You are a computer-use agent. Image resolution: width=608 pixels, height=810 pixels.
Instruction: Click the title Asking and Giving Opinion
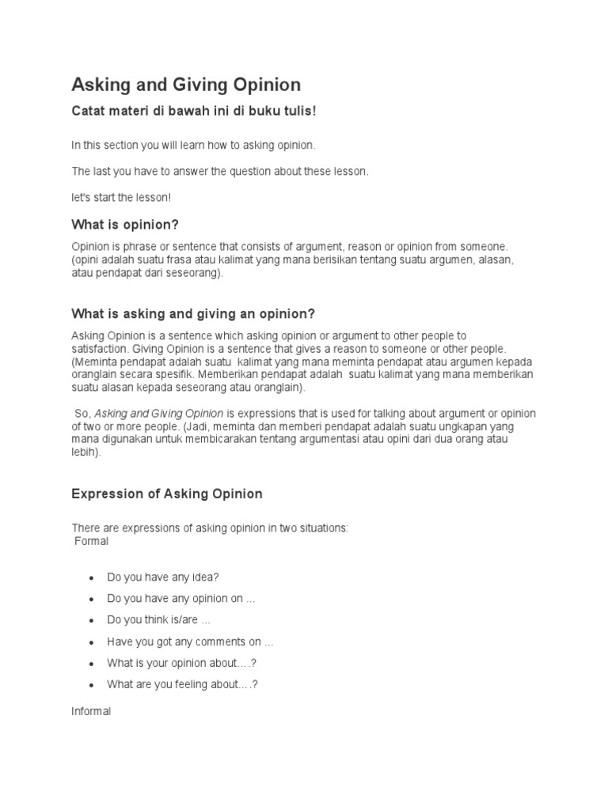tap(186, 85)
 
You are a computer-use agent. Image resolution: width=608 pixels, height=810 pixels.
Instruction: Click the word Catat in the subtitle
tap(89, 112)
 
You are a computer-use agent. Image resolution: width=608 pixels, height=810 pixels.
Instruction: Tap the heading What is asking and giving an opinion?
tap(193, 314)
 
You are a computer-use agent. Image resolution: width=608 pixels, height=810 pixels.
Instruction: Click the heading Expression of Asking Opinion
tap(167, 494)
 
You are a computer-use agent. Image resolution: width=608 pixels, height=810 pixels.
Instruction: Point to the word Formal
tap(91, 542)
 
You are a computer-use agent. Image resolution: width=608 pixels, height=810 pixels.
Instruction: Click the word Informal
tap(91, 711)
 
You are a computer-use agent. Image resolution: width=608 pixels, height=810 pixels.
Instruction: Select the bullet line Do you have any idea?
tap(162, 577)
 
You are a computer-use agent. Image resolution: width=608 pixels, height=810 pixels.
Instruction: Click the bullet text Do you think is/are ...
tap(158, 620)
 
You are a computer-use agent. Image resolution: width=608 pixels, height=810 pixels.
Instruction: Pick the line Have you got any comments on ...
tap(189, 642)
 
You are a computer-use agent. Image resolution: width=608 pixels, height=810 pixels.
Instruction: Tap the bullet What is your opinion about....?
tap(182, 663)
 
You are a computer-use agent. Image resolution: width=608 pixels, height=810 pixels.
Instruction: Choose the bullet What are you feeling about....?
tap(182, 684)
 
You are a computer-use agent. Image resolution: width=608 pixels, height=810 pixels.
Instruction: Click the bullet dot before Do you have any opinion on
tap(92, 600)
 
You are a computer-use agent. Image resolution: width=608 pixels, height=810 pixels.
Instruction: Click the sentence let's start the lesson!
tap(121, 197)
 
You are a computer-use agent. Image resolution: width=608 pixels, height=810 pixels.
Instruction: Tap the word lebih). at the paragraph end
tap(86, 452)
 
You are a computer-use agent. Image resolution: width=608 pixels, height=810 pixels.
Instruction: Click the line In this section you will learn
tap(193, 146)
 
